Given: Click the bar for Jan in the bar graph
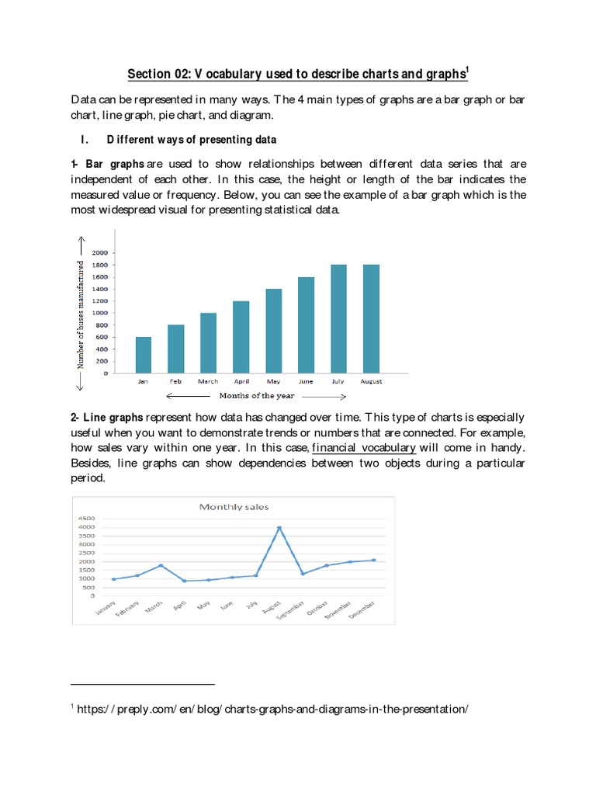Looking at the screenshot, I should (x=144, y=355).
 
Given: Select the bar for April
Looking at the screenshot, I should (x=241, y=337).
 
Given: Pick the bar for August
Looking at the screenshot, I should (x=371, y=319).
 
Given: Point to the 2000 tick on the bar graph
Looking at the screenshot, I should (x=100, y=253).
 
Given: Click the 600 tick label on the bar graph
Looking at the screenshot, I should (x=102, y=337).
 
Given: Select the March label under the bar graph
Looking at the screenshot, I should (x=208, y=382).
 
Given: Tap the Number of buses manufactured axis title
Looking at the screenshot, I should (x=80, y=314).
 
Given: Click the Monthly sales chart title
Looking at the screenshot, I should (x=234, y=507).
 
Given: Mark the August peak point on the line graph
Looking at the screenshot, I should (x=279, y=529).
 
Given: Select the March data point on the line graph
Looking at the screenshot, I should (x=161, y=566).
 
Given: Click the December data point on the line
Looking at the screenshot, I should (x=374, y=560).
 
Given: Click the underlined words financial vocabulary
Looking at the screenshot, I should (x=363, y=448).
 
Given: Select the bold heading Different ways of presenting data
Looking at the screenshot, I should (x=192, y=140).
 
